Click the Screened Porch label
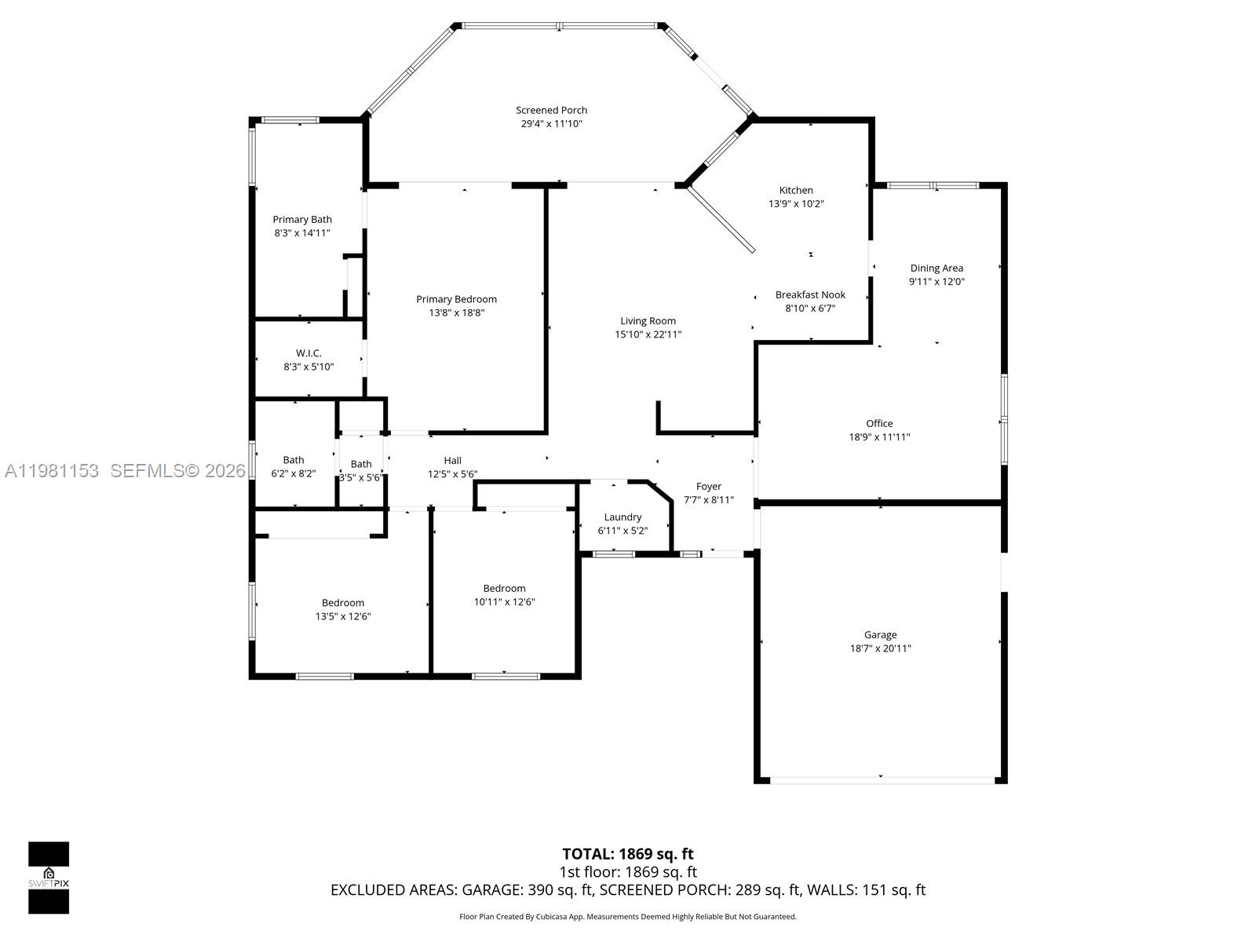(x=551, y=111)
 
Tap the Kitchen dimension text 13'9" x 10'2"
(x=795, y=204)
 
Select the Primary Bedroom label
(x=456, y=299)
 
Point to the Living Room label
(x=648, y=321)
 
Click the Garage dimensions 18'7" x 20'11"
(x=880, y=648)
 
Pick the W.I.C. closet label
(x=309, y=353)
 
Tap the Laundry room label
(x=623, y=517)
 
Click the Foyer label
(x=708, y=487)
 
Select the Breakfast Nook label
(x=810, y=295)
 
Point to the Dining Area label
(x=936, y=268)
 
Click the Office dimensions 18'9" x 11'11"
(x=879, y=437)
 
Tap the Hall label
(x=452, y=461)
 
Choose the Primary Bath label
(x=302, y=220)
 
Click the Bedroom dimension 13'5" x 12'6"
(x=342, y=616)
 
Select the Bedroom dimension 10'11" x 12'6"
(x=504, y=602)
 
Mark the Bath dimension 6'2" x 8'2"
(x=293, y=473)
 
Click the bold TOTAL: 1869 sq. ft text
(x=627, y=854)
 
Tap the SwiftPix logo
(x=49, y=878)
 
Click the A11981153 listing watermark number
(x=52, y=471)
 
